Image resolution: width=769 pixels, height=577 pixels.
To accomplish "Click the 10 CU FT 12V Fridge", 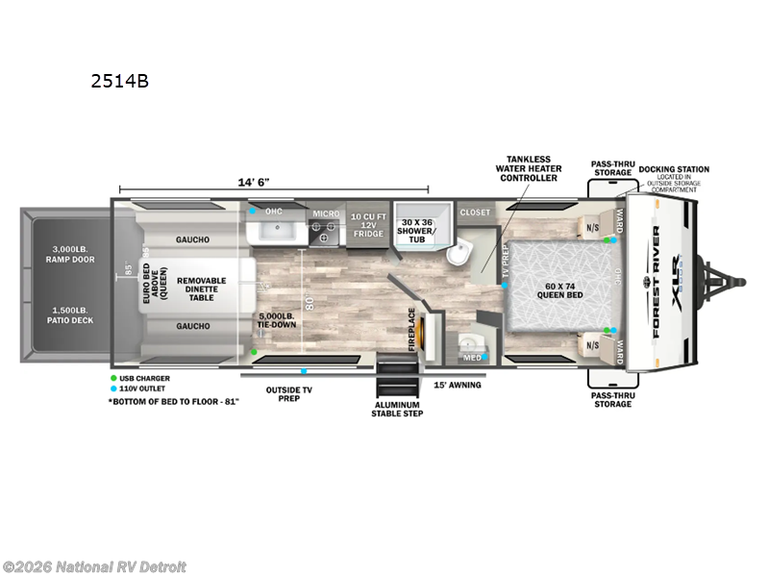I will click(x=368, y=224).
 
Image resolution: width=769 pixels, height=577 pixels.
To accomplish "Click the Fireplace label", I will click(x=412, y=328).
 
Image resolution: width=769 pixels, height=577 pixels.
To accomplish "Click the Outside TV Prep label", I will click(x=288, y=395).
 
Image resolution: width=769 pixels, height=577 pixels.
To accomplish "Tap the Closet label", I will click(x=475, y=212).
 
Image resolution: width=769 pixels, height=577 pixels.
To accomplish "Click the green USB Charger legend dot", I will click(x=113, y=378).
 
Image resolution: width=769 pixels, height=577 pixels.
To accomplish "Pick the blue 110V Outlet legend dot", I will click(x=113, y=388).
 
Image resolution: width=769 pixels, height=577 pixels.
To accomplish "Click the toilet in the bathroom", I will click(x=460, y=253).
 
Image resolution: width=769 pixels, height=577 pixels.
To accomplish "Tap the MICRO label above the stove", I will click(x=324, y=213).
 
